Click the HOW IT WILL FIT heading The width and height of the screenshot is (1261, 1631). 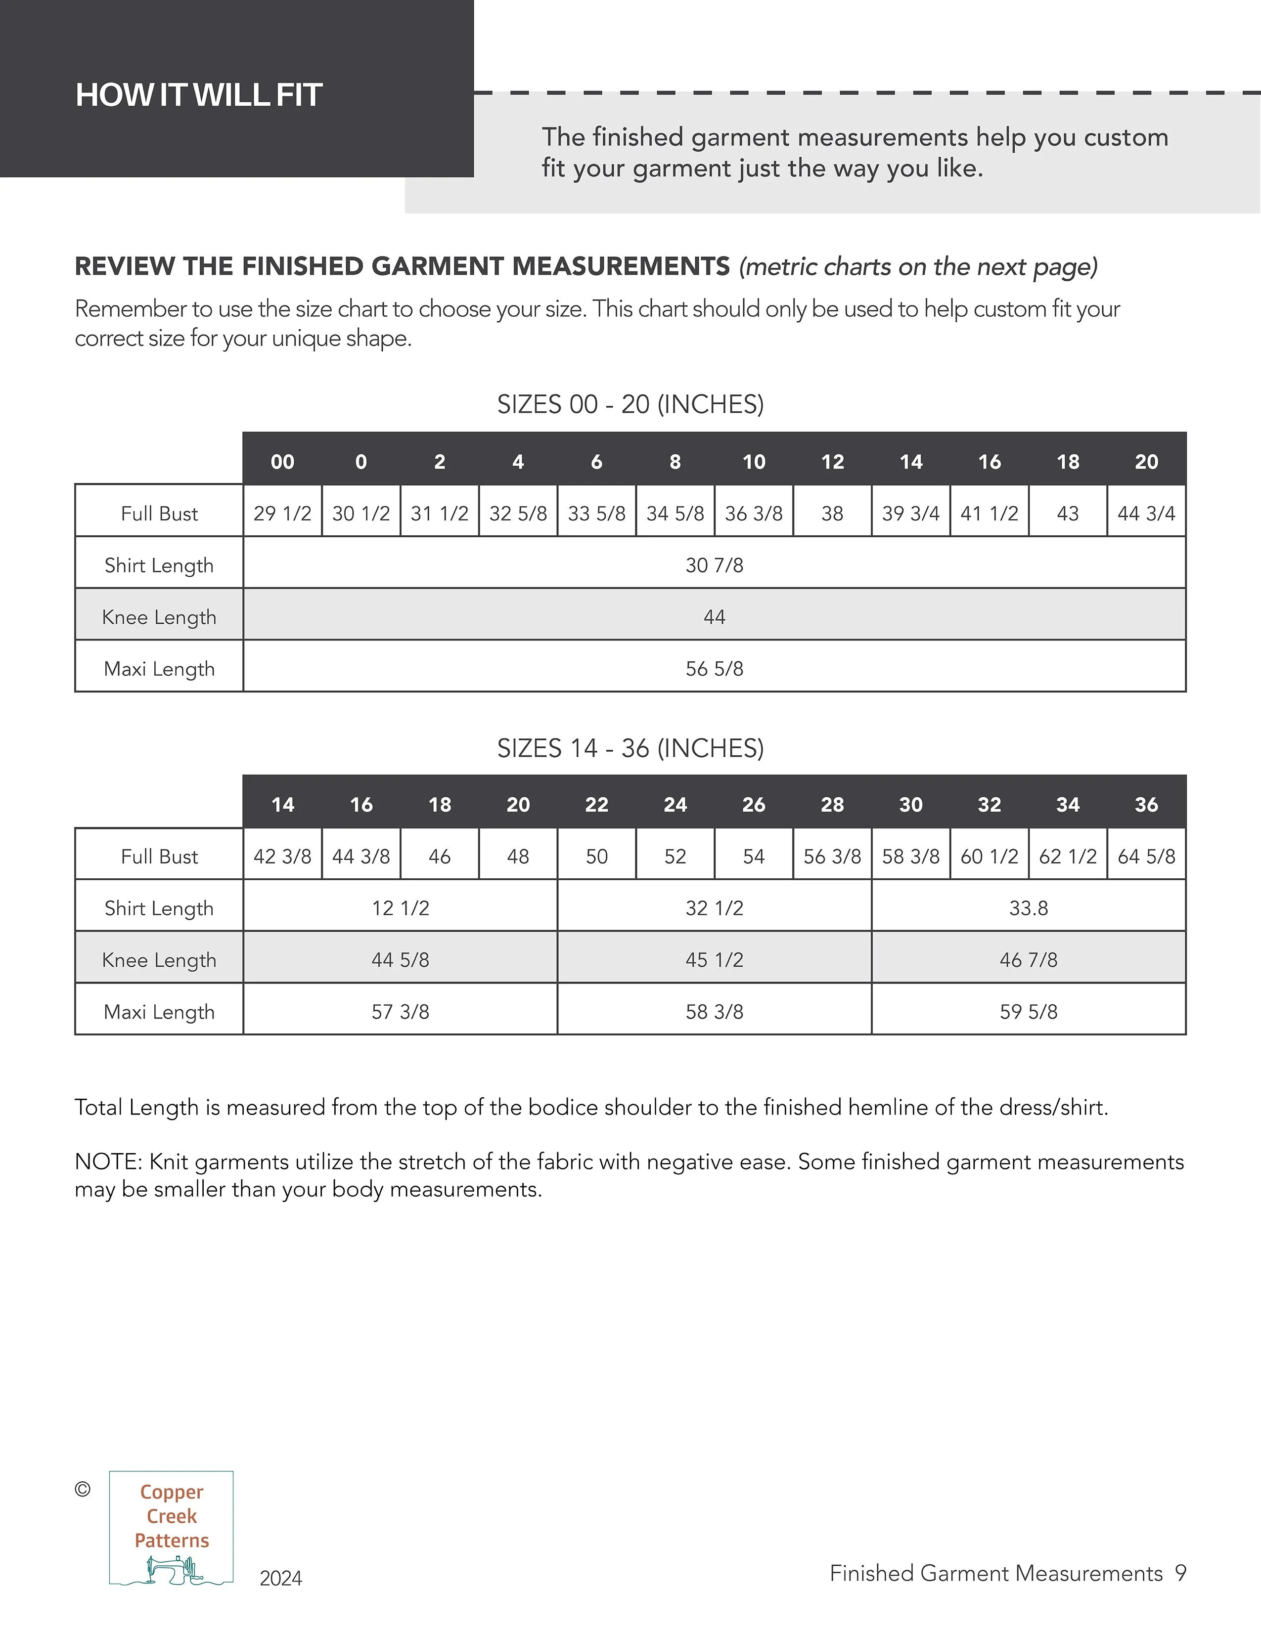pos(199,95)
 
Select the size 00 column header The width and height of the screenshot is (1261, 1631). pos(282,462)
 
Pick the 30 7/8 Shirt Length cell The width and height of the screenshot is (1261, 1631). pos(714,565)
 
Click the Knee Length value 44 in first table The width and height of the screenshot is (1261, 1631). pos(714,617)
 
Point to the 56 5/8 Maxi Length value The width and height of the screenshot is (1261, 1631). pos(714,668)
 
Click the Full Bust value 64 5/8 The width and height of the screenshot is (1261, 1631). pos(1146,856)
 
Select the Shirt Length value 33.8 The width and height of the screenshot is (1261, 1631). pos(1028,908)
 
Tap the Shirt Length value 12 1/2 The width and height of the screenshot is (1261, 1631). pos(401,908)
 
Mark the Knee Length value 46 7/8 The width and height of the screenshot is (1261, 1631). pos(1028,960)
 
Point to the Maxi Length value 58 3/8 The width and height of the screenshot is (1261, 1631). pos(714,1012)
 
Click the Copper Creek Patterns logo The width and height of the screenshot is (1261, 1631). pos(171,1528)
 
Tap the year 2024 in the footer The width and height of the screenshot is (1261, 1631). pos(281,1578)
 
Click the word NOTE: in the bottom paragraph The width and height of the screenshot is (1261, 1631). pos(108,1161)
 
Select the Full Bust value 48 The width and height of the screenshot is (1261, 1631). pos(518,856)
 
